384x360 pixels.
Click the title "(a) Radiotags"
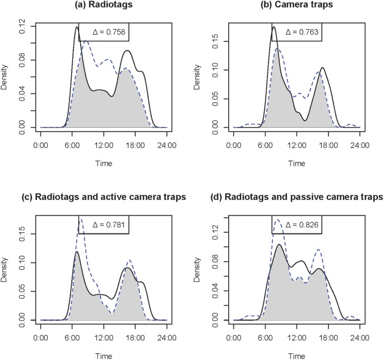coord(104,6)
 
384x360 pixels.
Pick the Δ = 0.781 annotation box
coord(105,225)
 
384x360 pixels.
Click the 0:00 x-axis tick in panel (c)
coord(40,338)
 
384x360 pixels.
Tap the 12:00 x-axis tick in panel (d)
coord(296,338)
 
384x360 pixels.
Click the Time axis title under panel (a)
coord(104,163)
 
